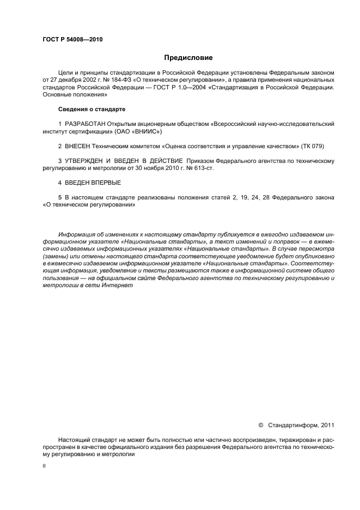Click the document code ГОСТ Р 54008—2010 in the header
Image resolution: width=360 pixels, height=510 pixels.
72,40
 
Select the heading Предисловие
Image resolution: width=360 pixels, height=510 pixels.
188,57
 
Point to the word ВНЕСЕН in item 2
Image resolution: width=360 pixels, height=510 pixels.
77,147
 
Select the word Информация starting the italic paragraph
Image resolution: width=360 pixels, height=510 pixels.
78,234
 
